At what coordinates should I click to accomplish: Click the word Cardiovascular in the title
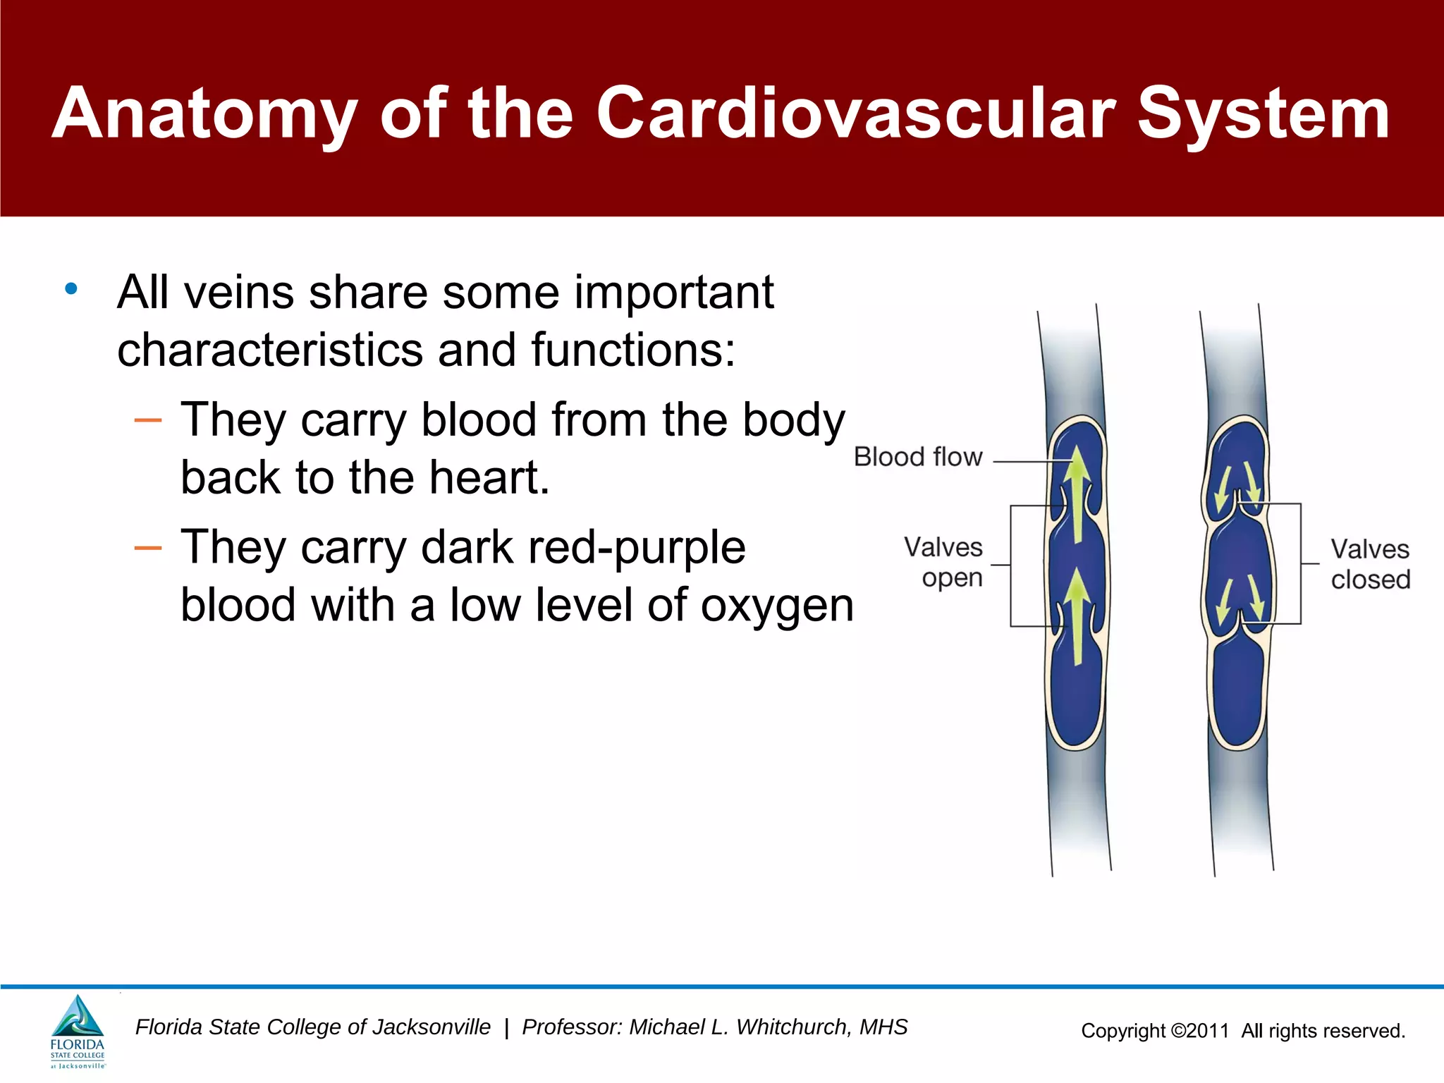coord(856,114)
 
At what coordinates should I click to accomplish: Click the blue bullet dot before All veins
coord(71,289)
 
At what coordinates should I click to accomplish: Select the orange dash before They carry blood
coord(148,421)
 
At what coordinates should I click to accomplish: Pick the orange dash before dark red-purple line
coord(148,549)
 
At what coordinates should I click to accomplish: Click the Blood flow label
coord(917,457)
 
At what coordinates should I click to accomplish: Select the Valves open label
coord(943,562)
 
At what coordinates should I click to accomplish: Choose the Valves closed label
coord(1369,564)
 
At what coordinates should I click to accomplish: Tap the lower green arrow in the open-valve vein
coord(1077,618)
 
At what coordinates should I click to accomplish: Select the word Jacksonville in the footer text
coord(432,1027)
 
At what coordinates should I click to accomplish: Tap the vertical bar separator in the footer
coord(506,1028)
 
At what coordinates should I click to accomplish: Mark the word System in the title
coord(1263,114)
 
